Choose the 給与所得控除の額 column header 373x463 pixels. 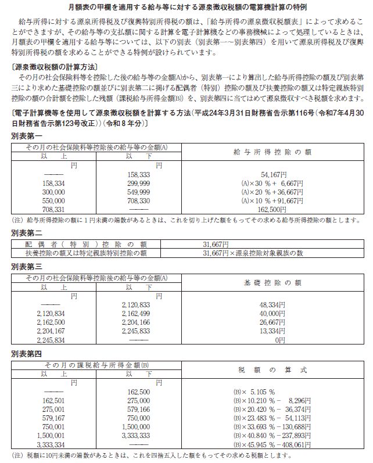(272, 152)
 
